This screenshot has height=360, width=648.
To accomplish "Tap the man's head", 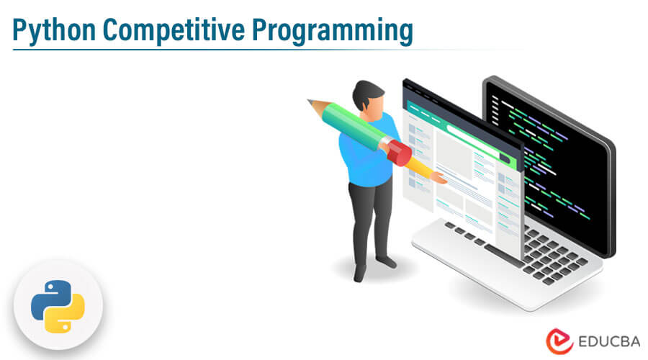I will tap(368, 96).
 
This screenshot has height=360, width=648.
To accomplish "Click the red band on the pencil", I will tap(397, 152).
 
